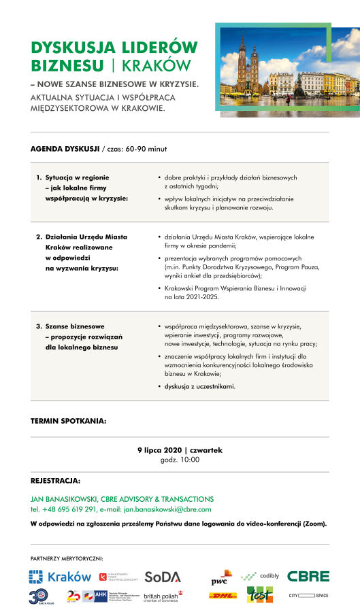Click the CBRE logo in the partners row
[x=308, y=576]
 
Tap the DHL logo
[x=223, y=596]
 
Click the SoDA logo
[x=162, y=577]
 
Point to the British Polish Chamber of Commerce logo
[x=161, y=596]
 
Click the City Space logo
[x=308, y=596]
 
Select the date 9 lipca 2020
[x=159, y=450]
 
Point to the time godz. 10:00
[x=180, y=460]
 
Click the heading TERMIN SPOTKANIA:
[x=68, y=421]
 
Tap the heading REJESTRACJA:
[x=56, y=480]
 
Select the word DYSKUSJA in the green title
[x=71, y=48]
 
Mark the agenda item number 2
[x=39, y=237]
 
